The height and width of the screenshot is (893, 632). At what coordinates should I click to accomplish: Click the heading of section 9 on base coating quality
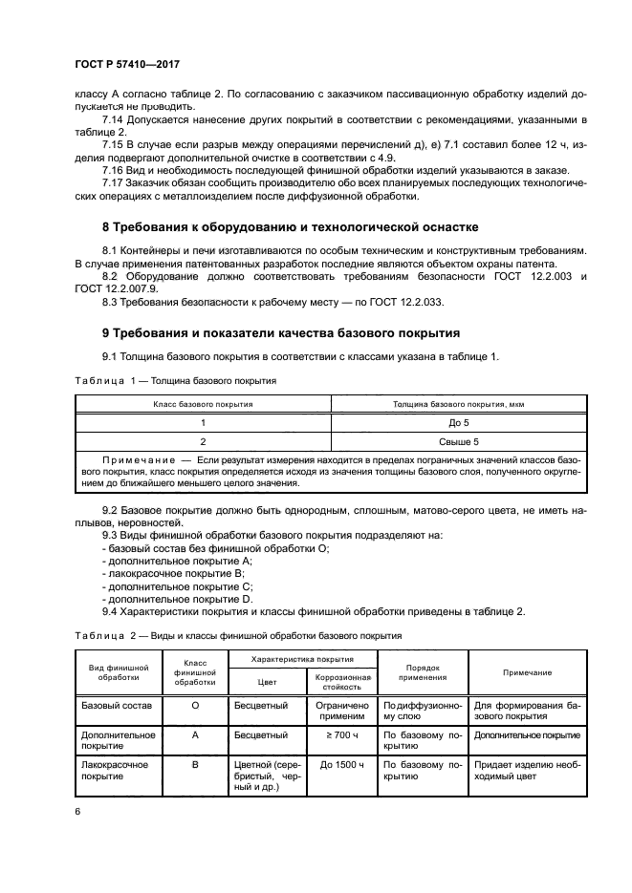pos(281,332)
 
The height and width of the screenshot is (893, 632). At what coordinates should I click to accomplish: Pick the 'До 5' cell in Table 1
pos(459,421)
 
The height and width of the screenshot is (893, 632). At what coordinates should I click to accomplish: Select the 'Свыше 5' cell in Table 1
pos(459,441)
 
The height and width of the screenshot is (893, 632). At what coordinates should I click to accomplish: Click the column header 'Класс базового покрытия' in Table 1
pos(203,404)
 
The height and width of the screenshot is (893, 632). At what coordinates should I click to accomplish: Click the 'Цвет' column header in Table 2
pos(267,682)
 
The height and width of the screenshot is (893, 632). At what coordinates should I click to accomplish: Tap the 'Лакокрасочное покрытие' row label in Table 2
pos(118,771)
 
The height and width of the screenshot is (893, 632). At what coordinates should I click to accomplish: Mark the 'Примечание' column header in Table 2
pos(528,672)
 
